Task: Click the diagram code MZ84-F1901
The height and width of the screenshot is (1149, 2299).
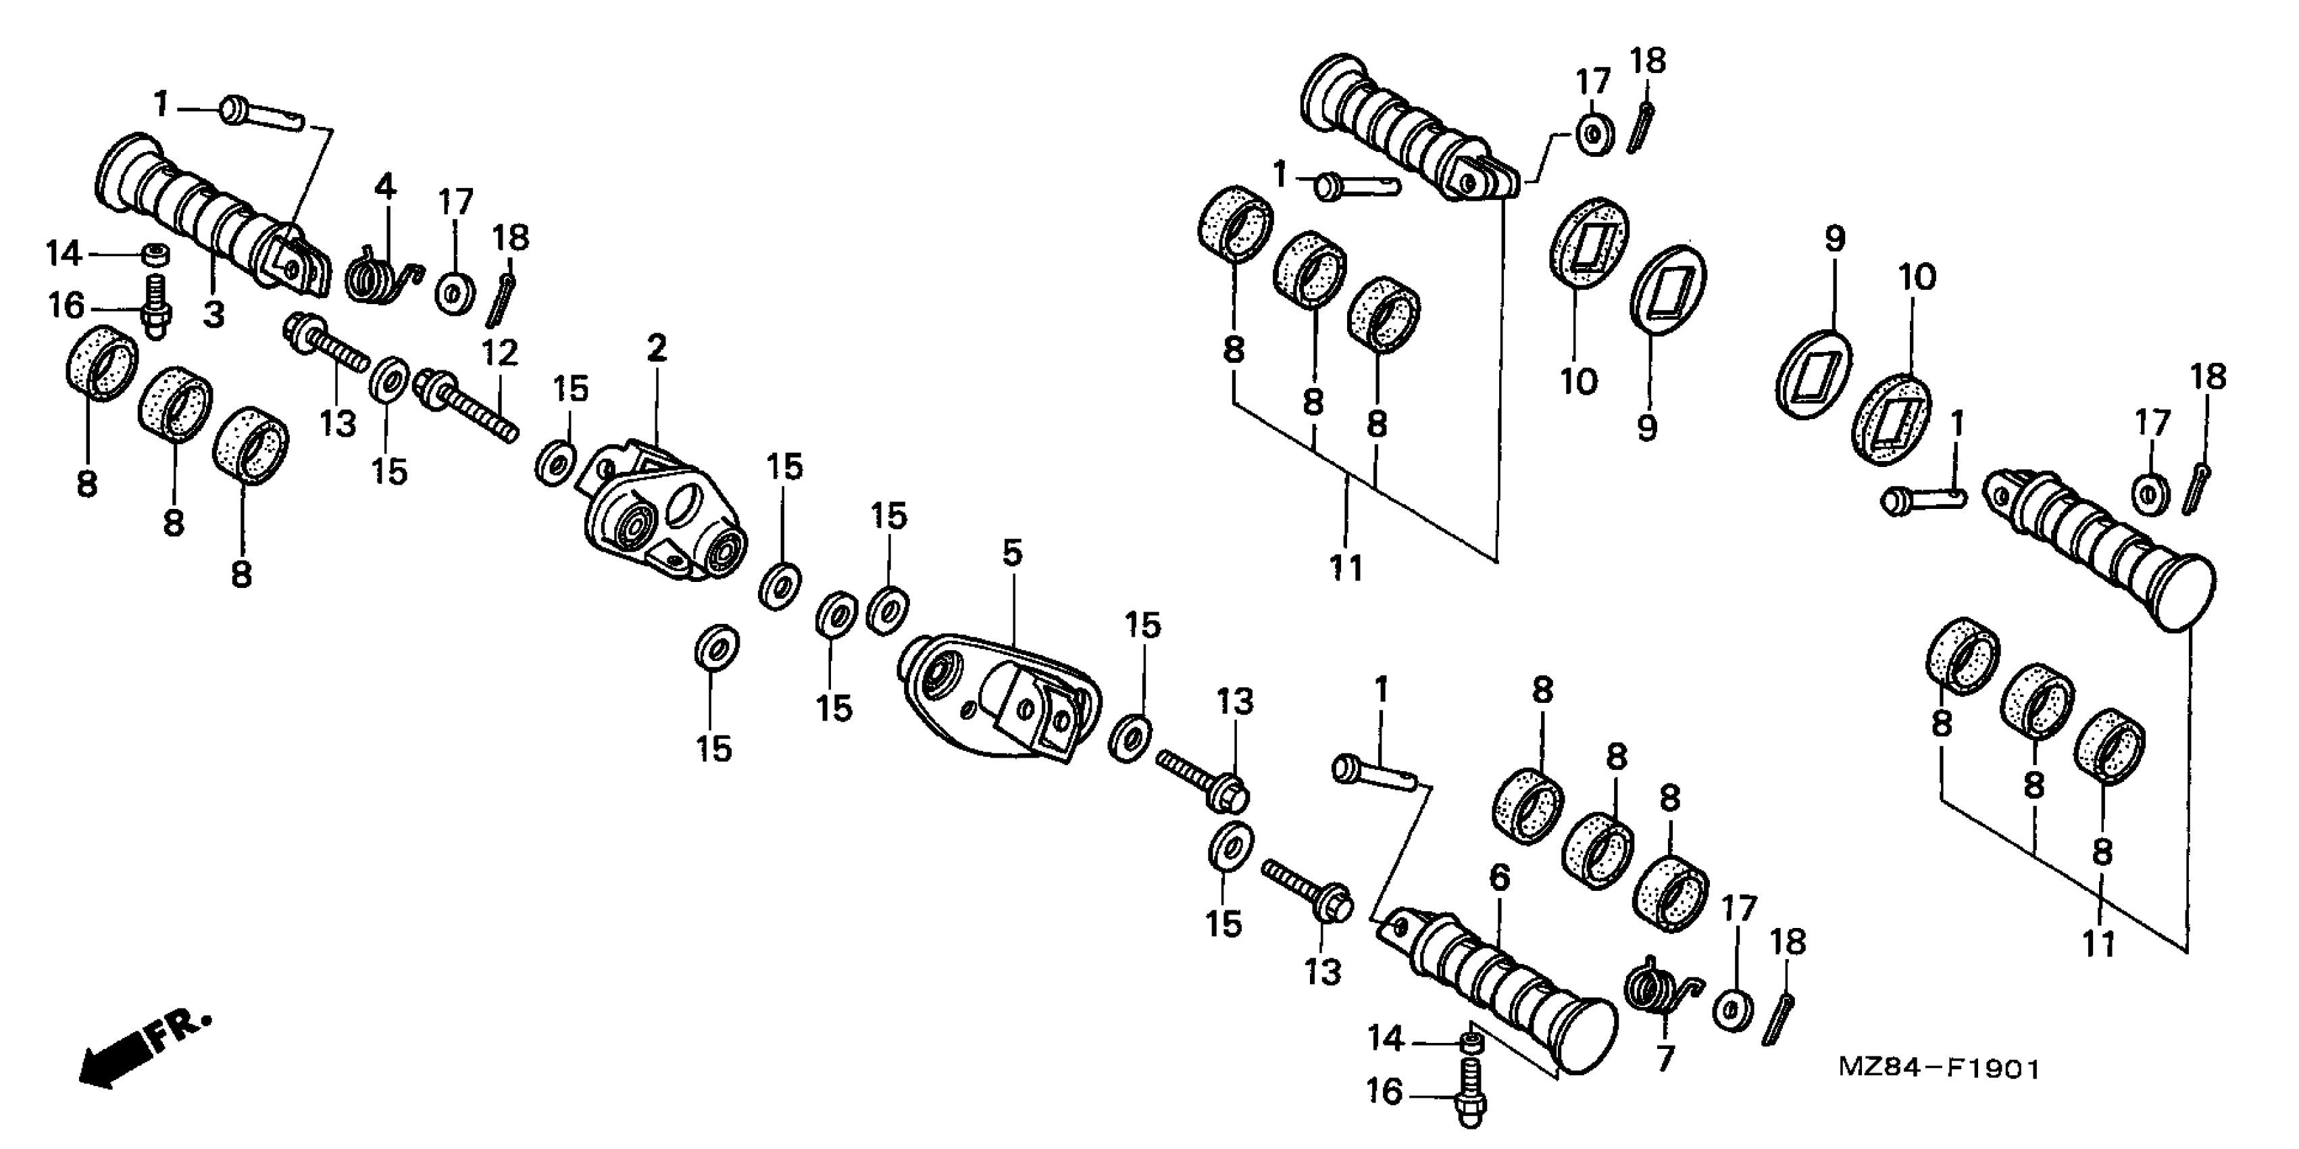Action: point(1938,1069)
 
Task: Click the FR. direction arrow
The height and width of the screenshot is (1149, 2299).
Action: point(143,1049)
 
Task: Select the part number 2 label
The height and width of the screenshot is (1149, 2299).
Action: point(656,348)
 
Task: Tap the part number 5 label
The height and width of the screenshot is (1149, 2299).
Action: point(1011,554)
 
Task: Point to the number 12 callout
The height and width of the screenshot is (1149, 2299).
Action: point(500,353)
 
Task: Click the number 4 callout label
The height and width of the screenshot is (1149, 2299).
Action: point(384,187)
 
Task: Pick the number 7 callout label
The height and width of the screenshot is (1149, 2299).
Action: point(1665,1058)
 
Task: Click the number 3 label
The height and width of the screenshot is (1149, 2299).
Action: point(213,314)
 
